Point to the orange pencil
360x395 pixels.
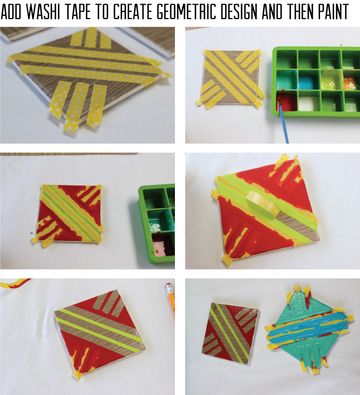(x=169, y=299)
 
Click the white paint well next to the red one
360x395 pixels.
(x=309, y=103)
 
